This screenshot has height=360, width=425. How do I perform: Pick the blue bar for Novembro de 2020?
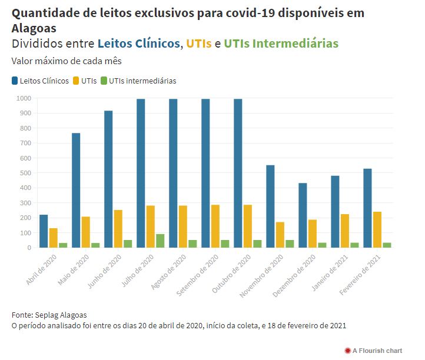[x=270, y=206]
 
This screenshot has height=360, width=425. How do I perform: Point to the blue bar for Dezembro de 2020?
[x=303, y=215]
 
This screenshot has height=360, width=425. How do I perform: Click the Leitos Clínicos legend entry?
[x=40, y=81]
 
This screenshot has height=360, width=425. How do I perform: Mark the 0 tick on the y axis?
[x=28, y=248]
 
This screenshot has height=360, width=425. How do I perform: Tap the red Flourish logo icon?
[x=347, y=351]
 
